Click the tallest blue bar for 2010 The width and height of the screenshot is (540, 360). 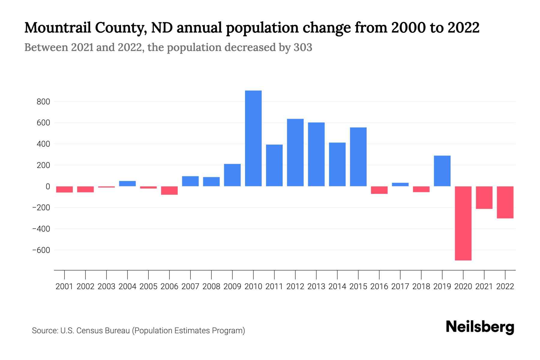253,138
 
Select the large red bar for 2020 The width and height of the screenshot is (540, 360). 463,223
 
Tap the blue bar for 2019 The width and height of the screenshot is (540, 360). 442,171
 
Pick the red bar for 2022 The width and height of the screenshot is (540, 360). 505,202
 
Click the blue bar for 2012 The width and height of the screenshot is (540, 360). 295,153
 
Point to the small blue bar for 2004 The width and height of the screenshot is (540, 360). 127,184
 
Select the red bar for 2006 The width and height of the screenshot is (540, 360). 169,190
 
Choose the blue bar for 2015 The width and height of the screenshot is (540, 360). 358,157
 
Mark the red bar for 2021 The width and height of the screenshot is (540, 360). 484,197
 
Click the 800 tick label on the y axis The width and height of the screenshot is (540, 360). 43,102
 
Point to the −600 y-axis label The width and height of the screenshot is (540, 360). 41,250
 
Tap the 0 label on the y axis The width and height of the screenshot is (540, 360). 48,186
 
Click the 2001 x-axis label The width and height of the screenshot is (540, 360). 64,286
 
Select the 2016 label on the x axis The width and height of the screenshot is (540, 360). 379,286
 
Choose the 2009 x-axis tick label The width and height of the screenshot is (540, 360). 232,286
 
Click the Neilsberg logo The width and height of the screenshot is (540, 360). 480,327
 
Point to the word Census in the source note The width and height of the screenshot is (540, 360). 89,331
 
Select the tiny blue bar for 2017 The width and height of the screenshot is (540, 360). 400,184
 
